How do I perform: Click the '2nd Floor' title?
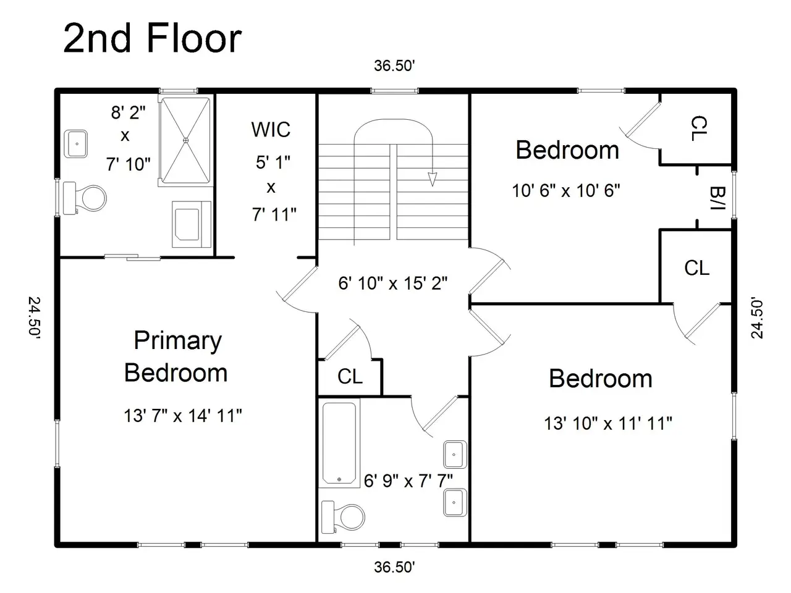pyautogui.click(x=152, y=38)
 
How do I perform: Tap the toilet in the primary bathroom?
pyautogui.click(x=85, y=198)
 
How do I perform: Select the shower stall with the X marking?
pyautogui.click(x=185, y=140)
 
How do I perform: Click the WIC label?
pyautogui.click(x=271, y=130)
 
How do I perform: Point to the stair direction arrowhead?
pyautogui.click(x=432, y=179)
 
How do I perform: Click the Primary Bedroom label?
pyautogui.click(x=176, y=356)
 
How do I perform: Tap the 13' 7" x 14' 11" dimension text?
pyautogui.click(x=183, y=416)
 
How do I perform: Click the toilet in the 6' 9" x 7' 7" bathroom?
pyautogui.click(x=343, y=516)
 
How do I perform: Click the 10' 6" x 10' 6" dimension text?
pyautogui.click(x=566, y=190)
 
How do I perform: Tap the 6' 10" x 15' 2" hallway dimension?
pyautogui.click(x=393, y=284)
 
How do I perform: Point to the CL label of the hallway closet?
pyautogui.click(x=350, y=377)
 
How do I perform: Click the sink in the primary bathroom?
pyautogui.click(x=75, y=144)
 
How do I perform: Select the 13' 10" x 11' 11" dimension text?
pyautogui.click(x=608, y=423)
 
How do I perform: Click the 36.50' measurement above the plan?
pyautogui.click(x=394, y=66)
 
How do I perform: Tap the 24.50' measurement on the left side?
pyautogui.click(x=35, y=318)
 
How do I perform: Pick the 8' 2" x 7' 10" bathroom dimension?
pyautogui.click(x=128, y=138)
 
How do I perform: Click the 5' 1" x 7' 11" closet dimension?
pyautogui.click(x=274, y=188)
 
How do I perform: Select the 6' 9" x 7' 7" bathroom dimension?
pyautogui.click(x=408, y=481)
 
